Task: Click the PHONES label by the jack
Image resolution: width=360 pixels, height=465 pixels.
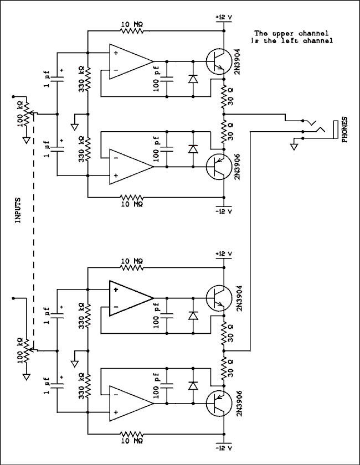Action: coord(345,130)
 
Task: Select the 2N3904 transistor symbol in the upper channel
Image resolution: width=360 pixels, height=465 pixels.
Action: coord(215,61)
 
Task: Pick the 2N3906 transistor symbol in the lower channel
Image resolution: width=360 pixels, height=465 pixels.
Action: coord(215,404)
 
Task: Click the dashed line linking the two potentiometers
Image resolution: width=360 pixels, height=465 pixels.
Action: coord(34,232)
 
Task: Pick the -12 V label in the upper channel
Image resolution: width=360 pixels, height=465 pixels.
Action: coord(223,211)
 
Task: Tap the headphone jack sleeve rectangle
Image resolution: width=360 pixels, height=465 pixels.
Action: coord(334,131)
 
